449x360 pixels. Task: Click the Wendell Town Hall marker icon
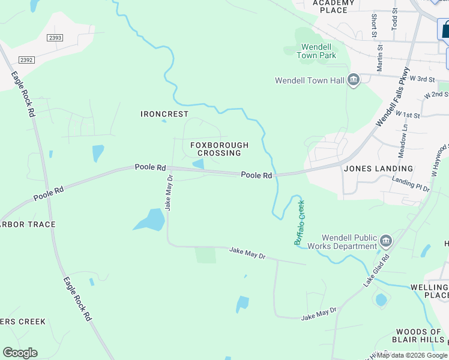[x=353, y=80]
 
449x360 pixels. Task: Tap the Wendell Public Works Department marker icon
[x=385, y=242]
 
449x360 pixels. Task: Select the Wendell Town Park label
[x=318, y=50]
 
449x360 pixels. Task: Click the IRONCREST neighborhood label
[x=164, y=114]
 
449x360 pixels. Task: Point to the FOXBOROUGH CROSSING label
[x=219, y=149]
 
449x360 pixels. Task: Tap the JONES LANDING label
[x=378, y=169]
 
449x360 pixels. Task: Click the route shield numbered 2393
[x=55, y=37]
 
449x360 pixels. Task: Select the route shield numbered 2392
[x=26, y=59]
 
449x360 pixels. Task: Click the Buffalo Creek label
[x=299, y=222]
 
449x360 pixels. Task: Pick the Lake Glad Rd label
[x=377, y=271]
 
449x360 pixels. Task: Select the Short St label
[x=374, y=26]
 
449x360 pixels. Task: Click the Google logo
[x=20, y=353]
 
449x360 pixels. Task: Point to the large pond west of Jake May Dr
[x=150, y=221]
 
